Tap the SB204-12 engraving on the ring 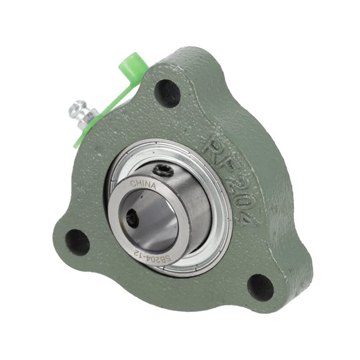click(x=152, y=258)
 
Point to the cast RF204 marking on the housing click(x=230, y=181)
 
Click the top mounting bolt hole click(x=167, y=93)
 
